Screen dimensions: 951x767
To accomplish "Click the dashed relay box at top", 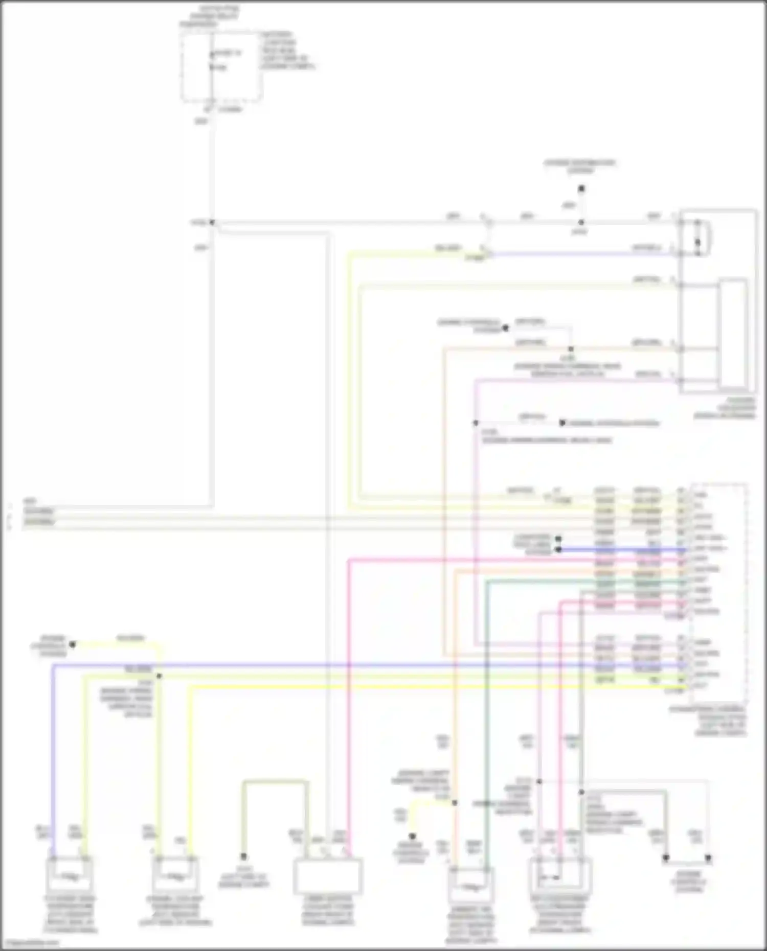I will coord(221,66).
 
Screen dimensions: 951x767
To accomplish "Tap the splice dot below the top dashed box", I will coord(212,222).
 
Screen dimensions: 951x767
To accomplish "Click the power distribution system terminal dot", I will coord(581,189).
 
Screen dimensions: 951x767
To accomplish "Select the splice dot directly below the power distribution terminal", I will coord(581,222).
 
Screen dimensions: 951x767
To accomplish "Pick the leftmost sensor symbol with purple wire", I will coord(70,877).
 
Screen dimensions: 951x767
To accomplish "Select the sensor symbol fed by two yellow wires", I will coord(175,877).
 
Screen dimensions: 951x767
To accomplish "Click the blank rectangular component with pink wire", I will coord(328,876).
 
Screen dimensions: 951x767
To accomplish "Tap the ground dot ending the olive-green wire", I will coord(244,856).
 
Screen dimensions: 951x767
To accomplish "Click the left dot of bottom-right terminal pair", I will coord(666,858).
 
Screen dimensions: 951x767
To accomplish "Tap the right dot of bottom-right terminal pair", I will coord(708,858).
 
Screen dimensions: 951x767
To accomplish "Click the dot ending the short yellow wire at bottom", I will coord(412,837).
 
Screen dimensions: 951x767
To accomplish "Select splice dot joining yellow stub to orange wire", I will coord(454,803).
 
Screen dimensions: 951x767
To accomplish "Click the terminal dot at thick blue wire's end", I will coord(558,550).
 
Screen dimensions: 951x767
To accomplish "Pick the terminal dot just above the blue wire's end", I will coord(558,539).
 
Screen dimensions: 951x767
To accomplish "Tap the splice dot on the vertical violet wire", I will coord(476,423).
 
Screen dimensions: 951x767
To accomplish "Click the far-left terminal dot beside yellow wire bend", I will coord(72,645).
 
